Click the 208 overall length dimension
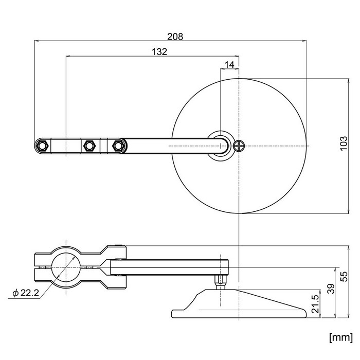[175, 37]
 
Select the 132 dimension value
[159, 52]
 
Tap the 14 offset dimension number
[229, 65]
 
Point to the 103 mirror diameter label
[344, 143]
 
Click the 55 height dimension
[344, 277]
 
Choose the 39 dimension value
[331, 289]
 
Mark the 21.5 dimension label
[316, 304]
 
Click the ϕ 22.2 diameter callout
[26, 293]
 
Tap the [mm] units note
[340, 337]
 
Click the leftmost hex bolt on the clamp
[42, 146]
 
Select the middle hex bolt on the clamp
[88, 146]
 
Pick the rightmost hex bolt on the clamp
[117, 146]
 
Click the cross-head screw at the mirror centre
[239, 146]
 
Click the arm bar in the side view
[169, 267]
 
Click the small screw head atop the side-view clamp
[118, 245]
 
